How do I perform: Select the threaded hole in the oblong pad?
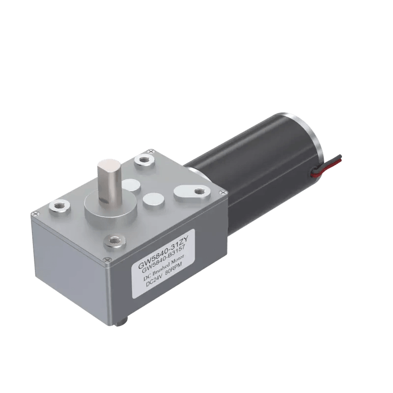199,191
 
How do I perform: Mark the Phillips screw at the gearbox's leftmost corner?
35,214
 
